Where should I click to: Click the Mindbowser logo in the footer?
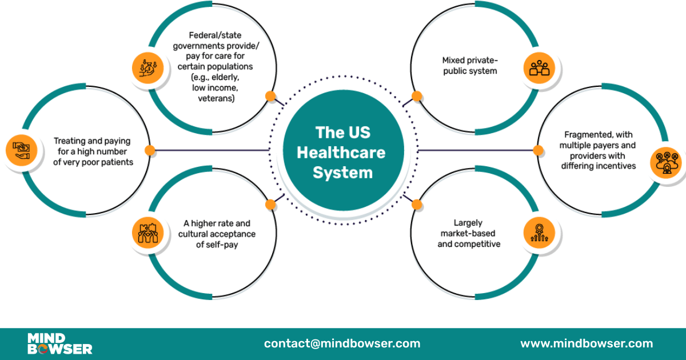(59, 343)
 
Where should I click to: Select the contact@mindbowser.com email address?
(342, 343)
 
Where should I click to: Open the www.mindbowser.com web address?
(586, 343)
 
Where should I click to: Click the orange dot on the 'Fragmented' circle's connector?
(538, 150)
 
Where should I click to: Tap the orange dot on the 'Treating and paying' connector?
(150, 150)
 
